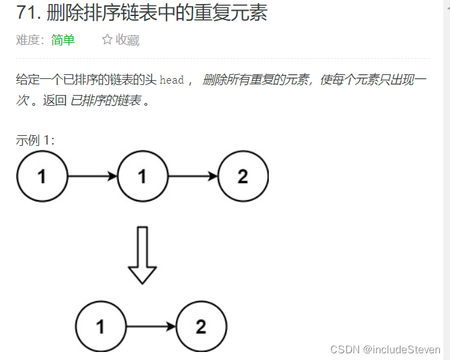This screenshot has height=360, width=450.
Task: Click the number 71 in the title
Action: coord(26,13)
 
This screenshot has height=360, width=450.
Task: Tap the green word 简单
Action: coord(63,40)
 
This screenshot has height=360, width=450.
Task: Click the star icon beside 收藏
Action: coord(107,40)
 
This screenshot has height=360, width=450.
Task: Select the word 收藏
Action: coord(128,40)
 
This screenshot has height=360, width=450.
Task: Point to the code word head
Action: coord(172,80)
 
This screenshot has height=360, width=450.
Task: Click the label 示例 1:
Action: coord(35,141)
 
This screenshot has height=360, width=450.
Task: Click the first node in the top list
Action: coord(42,177)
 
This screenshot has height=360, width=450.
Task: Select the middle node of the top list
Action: coord(142,177)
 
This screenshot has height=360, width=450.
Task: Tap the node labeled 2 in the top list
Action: coord(243,177)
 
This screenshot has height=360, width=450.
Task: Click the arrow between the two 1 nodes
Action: coord(92,177)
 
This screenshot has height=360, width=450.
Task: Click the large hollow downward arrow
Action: coord(142,254)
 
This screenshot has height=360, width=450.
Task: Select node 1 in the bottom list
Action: coord(101,327)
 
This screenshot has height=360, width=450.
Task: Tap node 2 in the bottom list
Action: coord(201,327)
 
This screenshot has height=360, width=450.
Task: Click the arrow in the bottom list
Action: coord(151,327)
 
